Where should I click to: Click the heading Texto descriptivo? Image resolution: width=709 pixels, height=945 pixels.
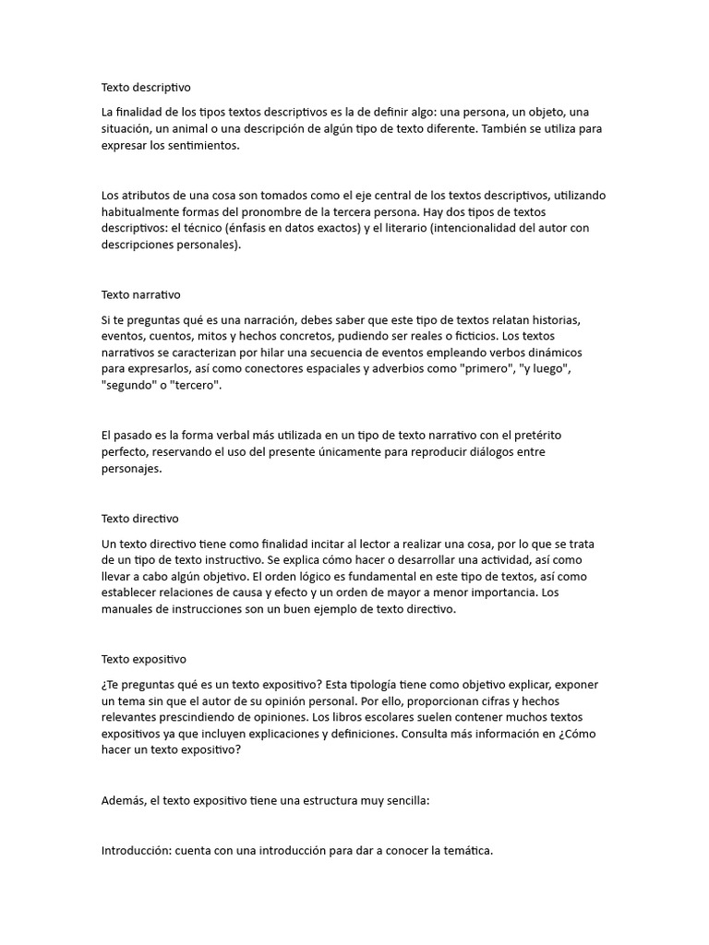click(x=146, y=88)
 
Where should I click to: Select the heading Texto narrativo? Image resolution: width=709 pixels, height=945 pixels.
click(x=141, y=295)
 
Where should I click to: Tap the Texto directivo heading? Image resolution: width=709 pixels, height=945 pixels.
click(x=140, y=519)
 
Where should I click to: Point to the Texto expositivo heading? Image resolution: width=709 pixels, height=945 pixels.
click(x=144, y=660)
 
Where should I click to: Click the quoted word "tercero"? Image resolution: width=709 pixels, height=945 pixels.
click(x=197, y=386)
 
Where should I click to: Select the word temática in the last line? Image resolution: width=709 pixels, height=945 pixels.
click(x=467, y=851)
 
